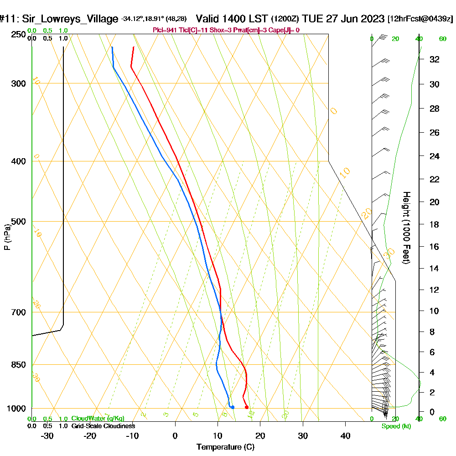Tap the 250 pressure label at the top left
[18, 35]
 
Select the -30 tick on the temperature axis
[47, 435]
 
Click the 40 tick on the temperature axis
[345, 435]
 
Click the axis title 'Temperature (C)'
[225, 447]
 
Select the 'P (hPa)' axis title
[7, 237]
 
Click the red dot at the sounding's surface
[247, 407]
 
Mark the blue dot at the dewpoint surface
[233, 407]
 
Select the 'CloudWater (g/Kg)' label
[98, 418]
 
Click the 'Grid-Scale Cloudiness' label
[103, 426]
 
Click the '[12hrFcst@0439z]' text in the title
[420, 19]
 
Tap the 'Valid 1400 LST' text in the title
[232, 19]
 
